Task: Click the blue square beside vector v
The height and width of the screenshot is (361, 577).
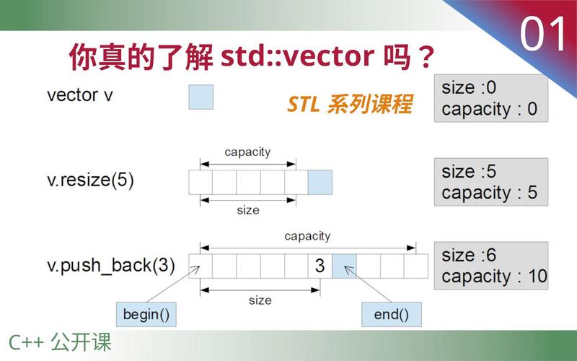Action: point(201,97)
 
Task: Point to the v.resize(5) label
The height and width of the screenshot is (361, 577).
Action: point(90,180)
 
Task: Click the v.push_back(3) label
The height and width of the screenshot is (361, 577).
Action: point(111,265)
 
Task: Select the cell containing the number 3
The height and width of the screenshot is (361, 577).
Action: point(320,266)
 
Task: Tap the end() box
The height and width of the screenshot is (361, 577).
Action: point(391,314)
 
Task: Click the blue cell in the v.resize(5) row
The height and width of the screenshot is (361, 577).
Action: point(320,182)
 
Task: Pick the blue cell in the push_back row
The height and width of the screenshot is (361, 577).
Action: point(344,266)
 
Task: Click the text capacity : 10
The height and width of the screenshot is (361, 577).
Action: point(494,276)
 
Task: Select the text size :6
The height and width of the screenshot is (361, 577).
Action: point(469,255)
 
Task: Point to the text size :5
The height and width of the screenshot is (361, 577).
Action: point(469,171)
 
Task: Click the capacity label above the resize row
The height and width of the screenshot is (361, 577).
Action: point(247,152)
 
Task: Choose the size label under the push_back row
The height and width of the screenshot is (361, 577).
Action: point(259,300)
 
